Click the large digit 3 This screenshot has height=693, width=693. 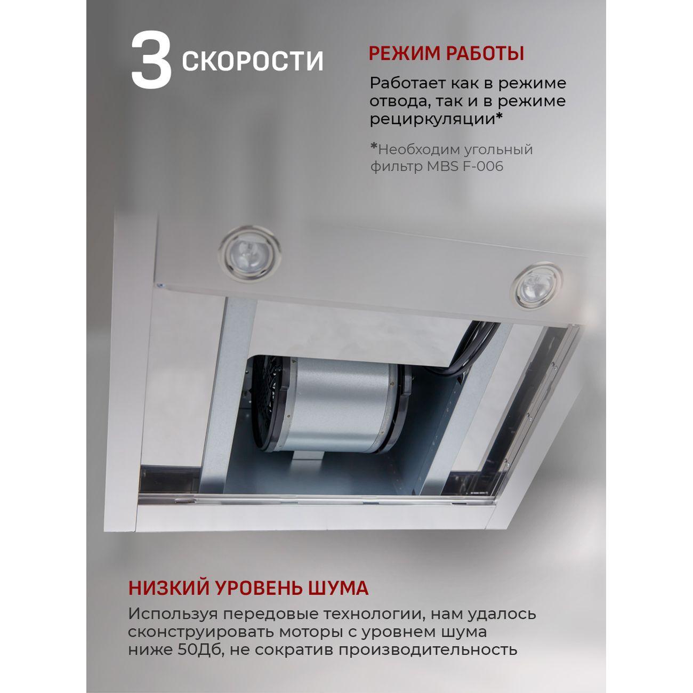coord(151,60)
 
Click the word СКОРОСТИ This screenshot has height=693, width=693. coord(253,61)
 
